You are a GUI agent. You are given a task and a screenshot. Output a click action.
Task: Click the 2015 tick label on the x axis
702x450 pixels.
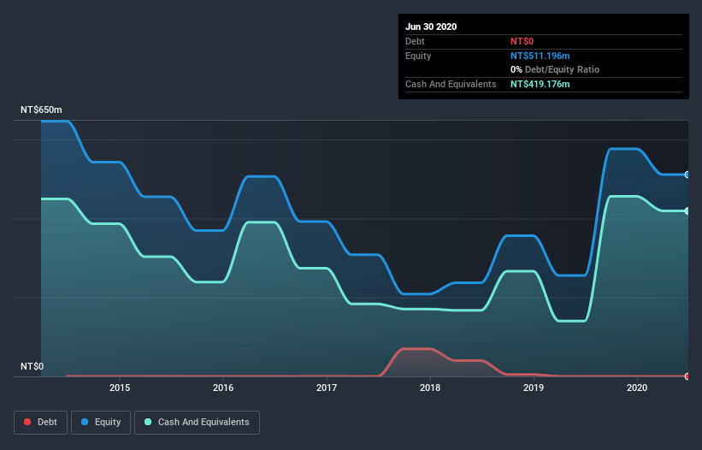120,388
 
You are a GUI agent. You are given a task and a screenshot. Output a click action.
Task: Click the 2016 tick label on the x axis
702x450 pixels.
223,388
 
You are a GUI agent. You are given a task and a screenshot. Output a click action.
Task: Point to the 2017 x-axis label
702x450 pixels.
327,388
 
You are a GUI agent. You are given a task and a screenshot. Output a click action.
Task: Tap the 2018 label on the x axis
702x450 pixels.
430,388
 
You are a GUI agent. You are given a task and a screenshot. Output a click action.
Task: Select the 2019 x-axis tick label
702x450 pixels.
534,388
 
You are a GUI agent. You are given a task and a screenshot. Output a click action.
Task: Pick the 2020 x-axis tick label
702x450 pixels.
637,388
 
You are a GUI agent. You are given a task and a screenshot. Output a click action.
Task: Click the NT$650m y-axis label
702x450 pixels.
41,110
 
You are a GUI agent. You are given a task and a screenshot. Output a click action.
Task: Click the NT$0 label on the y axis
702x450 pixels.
32,366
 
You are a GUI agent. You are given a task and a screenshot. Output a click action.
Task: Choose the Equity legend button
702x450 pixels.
101,422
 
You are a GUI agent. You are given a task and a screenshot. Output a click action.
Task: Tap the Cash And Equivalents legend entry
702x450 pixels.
197,422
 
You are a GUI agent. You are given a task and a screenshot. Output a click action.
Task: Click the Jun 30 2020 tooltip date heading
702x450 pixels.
431,27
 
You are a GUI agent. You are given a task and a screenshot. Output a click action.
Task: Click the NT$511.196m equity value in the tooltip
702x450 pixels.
540,56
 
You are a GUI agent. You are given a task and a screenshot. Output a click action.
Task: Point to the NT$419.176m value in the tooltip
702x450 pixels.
540,84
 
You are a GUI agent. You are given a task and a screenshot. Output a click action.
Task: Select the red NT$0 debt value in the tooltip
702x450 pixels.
522,41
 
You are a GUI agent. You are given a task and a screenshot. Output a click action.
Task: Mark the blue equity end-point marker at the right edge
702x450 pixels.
687,175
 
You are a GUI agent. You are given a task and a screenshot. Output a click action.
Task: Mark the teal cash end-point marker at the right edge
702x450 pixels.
687,210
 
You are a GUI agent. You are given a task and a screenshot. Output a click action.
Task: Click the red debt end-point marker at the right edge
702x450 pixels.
687,376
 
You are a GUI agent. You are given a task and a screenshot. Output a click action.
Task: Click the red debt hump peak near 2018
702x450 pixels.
415,348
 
